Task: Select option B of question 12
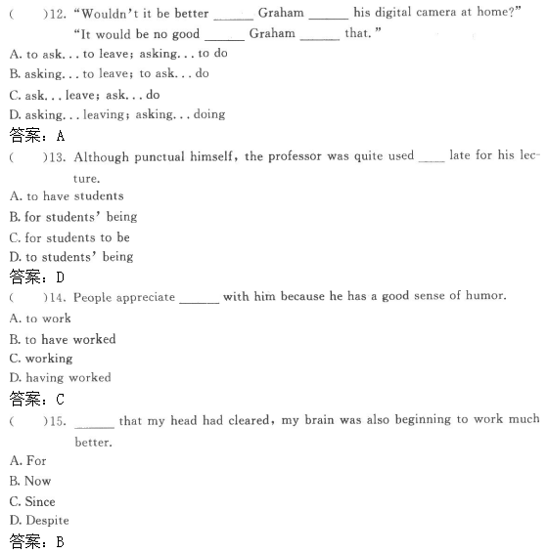[x=109, y=73]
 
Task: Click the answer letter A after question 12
[x=60, y=135]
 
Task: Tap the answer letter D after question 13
[x=60, y=277]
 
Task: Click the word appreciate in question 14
[x=144, y=297]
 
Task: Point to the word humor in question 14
[x=483, y=297]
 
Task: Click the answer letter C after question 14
[x=60, y=399]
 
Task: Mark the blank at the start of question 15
[x=94, y=423]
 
